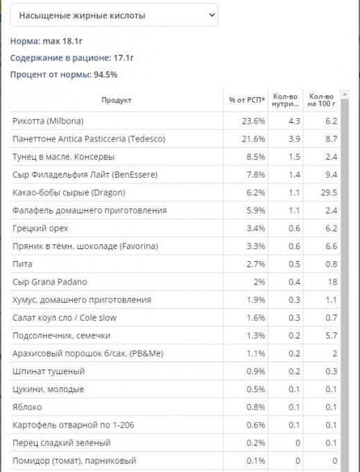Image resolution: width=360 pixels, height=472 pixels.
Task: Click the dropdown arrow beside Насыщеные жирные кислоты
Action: pyautogui.click(x=212, y=15)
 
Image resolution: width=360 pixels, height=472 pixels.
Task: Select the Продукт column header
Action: pyautogui.click(x=116, y=100)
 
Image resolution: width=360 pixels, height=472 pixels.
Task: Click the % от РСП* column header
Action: pyautogui.click(x=247, y=100)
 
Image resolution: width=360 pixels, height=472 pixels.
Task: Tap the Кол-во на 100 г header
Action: pyautogui.click(x=321, y=100)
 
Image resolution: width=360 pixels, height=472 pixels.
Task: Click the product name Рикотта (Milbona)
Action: pyautogui.click(x=48, y=121)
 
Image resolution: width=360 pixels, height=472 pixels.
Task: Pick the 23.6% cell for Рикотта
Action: pyautogui.click(x=253, y=121)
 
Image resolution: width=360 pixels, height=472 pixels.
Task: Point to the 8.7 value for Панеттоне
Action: pyautogui.click(x=331, y=139)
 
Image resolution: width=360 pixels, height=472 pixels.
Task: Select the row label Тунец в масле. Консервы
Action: pyautogui.click(x=63, y=157)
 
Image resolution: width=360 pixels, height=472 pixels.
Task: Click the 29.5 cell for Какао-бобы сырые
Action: pyautogui.click(x=329, y=192)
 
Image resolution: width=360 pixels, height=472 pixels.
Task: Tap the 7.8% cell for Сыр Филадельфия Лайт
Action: pyautogui.click(x=256, y=175)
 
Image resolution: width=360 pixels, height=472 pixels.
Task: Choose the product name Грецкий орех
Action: pyautogui.click(x=40, y=228)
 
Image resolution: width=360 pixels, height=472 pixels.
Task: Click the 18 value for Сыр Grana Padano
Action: pyautogui.click(x=333, y=282)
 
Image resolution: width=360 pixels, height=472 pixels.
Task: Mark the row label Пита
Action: pyautogui.click(x=22, y=264)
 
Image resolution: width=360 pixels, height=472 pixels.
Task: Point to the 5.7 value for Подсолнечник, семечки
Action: pyautogui.click(x=331, y=335)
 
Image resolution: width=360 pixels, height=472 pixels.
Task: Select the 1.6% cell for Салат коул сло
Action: pyautogui.click(x=256, y=318)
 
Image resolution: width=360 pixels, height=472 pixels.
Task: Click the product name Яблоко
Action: pyautogui.click(x=27, y=407)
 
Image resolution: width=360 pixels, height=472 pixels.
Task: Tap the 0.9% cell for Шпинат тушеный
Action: pyautogui.click(x=256, y=371)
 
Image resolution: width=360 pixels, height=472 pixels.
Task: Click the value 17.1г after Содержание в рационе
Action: pyautogui.click(x=123, y=58)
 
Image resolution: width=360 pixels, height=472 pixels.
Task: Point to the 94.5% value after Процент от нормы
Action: pyautogui.click(x=105, y=74)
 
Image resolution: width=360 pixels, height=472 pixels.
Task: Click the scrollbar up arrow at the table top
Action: pyautogui.click(x=345, y=94)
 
